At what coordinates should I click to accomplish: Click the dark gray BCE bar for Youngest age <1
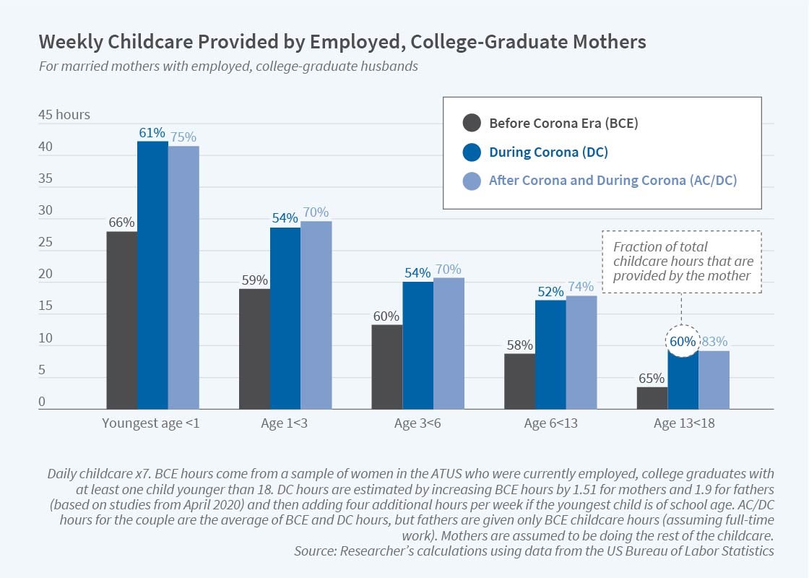tap(121, 320)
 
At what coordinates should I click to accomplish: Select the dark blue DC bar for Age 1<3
tap(285, 319)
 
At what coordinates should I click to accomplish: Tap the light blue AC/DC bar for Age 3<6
tap(449, 343)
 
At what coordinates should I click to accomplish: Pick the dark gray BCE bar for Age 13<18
tap(652, 398)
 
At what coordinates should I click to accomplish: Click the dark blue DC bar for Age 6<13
tap(550, 355)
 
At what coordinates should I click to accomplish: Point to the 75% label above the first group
tap(183, 136)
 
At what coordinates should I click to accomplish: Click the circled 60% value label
tap(683, 341)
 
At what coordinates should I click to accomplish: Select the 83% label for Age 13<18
tap(714, 341)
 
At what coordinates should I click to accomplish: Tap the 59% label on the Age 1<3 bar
tap(255, 280)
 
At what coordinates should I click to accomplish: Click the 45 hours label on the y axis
tap(64, 115)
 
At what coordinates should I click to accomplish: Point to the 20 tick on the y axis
tap(46, 275)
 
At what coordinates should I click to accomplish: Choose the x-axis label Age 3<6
tap(418, 423)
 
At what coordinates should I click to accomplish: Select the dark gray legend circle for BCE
tap(471, 123)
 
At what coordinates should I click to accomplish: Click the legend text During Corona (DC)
tap(548, 152)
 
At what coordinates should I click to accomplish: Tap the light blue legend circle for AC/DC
tap(471, 181)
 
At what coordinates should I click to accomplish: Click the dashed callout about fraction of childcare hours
tap(682, 261)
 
